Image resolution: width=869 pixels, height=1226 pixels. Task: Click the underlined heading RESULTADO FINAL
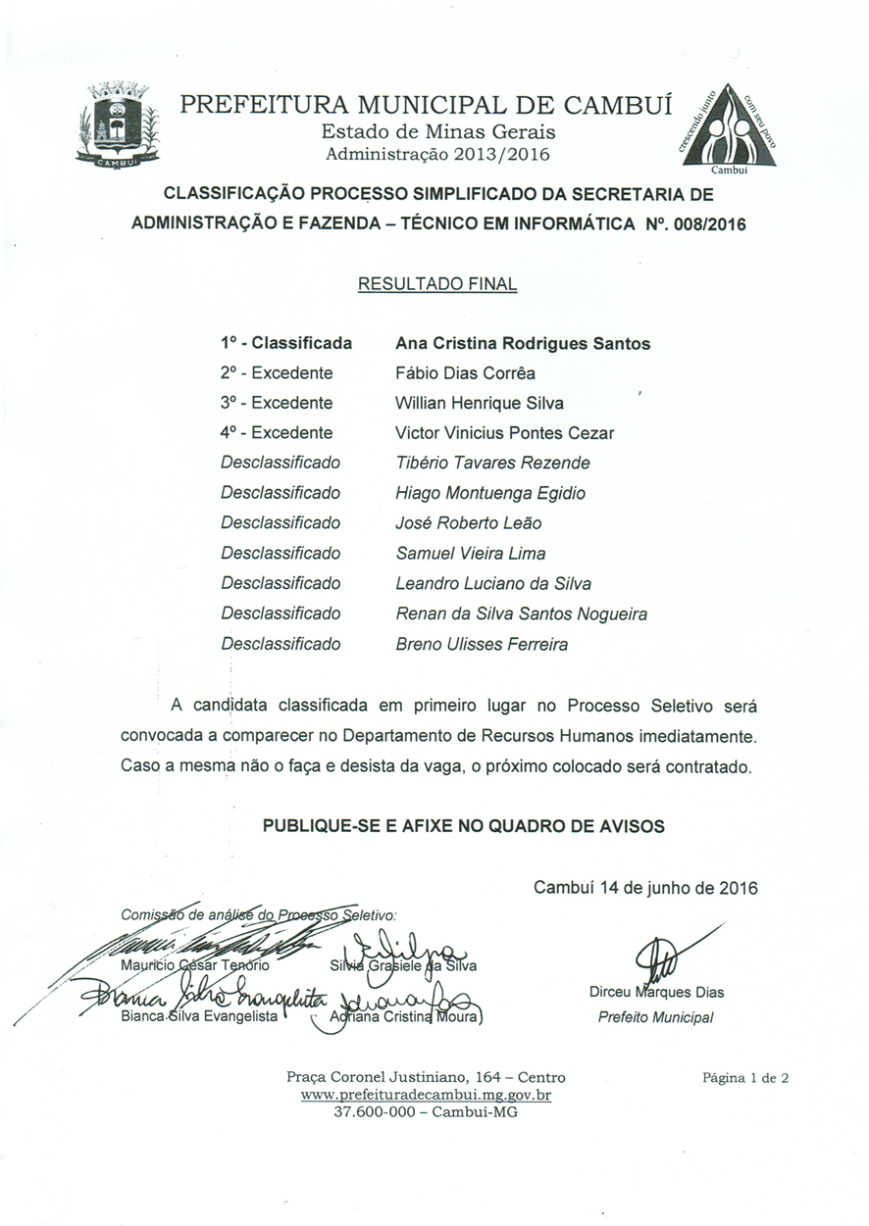coord(437,284)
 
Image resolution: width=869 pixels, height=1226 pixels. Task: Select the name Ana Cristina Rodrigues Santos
coord(523,343)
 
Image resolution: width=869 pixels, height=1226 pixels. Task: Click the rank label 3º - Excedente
coord(277,403)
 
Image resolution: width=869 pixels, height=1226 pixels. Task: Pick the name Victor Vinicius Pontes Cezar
coord(505,433)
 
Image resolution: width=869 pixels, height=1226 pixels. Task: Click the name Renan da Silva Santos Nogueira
coord(521,613)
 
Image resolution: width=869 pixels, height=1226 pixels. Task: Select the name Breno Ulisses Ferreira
coord(482,644)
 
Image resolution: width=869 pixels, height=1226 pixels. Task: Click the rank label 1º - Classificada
coord(286,343)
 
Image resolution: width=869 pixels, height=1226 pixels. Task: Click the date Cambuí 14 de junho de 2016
coord(645,888)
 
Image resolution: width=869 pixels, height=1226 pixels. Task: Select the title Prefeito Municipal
coord(656,1017)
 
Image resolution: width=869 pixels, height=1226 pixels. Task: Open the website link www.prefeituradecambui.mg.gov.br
coord(426,1095)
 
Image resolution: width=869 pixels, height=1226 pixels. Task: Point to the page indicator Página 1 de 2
coord(746,1078)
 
